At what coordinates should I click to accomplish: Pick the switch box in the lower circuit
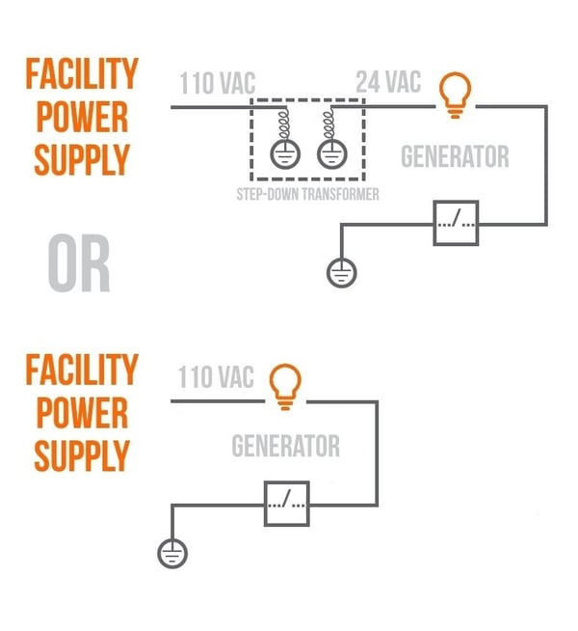pos(287,502)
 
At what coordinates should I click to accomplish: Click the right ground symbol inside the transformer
pos(330,153)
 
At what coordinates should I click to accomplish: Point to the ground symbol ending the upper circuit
pos(339,273)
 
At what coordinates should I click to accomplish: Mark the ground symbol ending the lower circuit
pos(171,554)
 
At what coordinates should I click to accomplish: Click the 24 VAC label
pos(388,82)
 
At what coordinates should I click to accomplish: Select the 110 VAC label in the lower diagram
pos(215,376)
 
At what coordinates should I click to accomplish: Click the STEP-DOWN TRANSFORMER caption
pos(307,194)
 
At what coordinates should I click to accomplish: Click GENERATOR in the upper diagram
pos(455,155)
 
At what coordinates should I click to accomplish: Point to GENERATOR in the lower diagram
pos(285,447)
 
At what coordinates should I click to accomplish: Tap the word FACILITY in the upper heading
pos(82,73)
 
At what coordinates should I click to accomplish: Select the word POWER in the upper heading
pos(82,117)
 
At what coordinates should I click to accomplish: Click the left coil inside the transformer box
pos(285,123)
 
